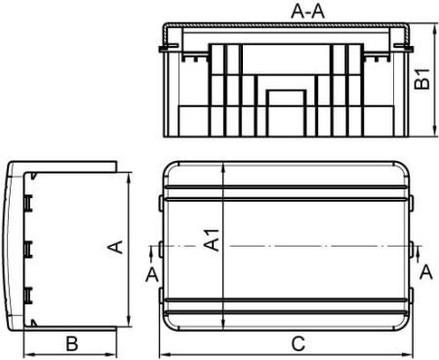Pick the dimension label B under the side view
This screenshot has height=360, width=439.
pyautogui.click(x=70, y=342)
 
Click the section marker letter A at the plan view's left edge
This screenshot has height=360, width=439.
pyautogui.click(x=151, y=275)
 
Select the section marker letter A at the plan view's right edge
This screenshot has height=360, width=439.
pyautogui.click(x=425, y=275)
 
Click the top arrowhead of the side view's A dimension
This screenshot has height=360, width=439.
pyautogui.click(x=128, y=175)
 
